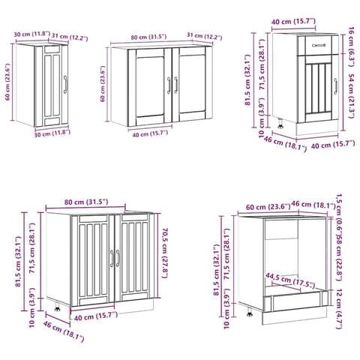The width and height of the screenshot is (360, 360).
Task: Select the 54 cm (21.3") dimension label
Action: [x=351, y=96]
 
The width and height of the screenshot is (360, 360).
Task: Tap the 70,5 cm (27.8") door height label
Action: [x=166, y=253]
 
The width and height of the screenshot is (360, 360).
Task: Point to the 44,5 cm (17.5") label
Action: [x=290, y=280]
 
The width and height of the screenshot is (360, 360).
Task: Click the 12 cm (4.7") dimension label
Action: [x=339, y=309]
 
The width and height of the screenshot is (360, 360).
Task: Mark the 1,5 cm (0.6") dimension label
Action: [x=339, y=214]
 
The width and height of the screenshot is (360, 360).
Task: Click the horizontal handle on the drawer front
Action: [x=319, y=45]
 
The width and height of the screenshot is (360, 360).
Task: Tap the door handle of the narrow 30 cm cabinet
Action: [x=65, y=85]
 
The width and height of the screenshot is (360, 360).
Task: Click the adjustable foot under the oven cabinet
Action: [x=250, y=313]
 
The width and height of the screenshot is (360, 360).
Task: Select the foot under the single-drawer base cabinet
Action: [x=280, y=124]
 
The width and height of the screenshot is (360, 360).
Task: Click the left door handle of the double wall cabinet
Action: [x=169, y=85]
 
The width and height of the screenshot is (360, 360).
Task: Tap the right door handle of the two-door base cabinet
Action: [x=118, y=258]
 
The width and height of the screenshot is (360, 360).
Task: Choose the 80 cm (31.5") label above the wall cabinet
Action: [x=148, y=37]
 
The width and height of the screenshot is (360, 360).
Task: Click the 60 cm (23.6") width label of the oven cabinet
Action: [x=268, y=207]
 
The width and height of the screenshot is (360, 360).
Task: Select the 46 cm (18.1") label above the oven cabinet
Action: [x=313, y=205]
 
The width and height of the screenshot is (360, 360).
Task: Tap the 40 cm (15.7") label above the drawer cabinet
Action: [x=293, y=22]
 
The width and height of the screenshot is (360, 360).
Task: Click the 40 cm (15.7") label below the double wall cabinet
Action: [x=150, y=134]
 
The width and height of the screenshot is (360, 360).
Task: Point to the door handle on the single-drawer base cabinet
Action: [x=335, y=86]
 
